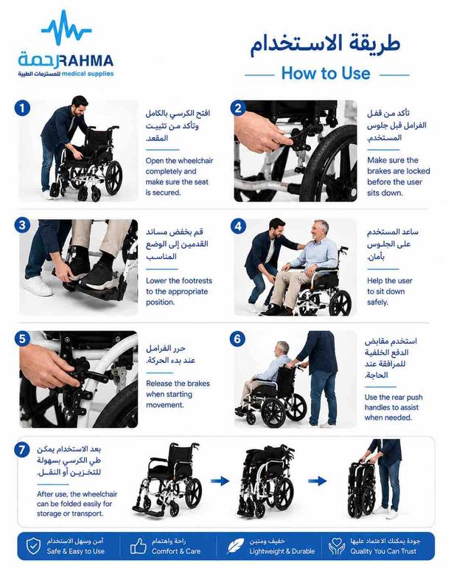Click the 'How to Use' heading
click(326, 73)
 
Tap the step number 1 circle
click(22, 108)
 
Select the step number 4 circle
click(238, 226)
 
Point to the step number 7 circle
click(21, 449)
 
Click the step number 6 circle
click(237, 339)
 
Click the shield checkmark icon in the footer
click(33, 546)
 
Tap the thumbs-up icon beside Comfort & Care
click(139, 546)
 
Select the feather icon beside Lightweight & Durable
click(236, 546)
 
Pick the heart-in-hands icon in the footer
click(337, 546)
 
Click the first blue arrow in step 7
click(220, 481)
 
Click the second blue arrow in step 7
click(317, 481)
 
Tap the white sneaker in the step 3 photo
click(38, 285)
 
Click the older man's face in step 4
click(320, 231)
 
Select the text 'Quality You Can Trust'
click(383, 551)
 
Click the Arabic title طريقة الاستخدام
click(326, 44)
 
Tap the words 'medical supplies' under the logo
click(88, 74)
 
